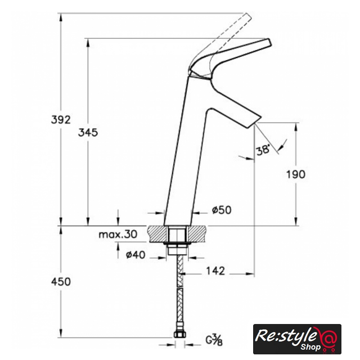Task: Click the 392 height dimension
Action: point(61,120)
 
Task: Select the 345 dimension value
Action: point(88,133)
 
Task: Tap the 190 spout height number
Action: point(296,174)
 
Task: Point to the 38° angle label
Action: point(263,150)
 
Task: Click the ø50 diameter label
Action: point(222,210)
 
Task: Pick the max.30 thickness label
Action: point(118,235)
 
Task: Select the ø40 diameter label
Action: point(136,255)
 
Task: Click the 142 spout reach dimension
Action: point(215,271)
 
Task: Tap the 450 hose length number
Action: point(61,282)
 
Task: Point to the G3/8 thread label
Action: point(214,340)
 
